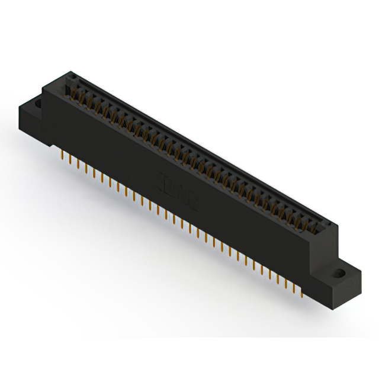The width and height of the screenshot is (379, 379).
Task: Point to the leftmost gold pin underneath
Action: click(x=63, y=155)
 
